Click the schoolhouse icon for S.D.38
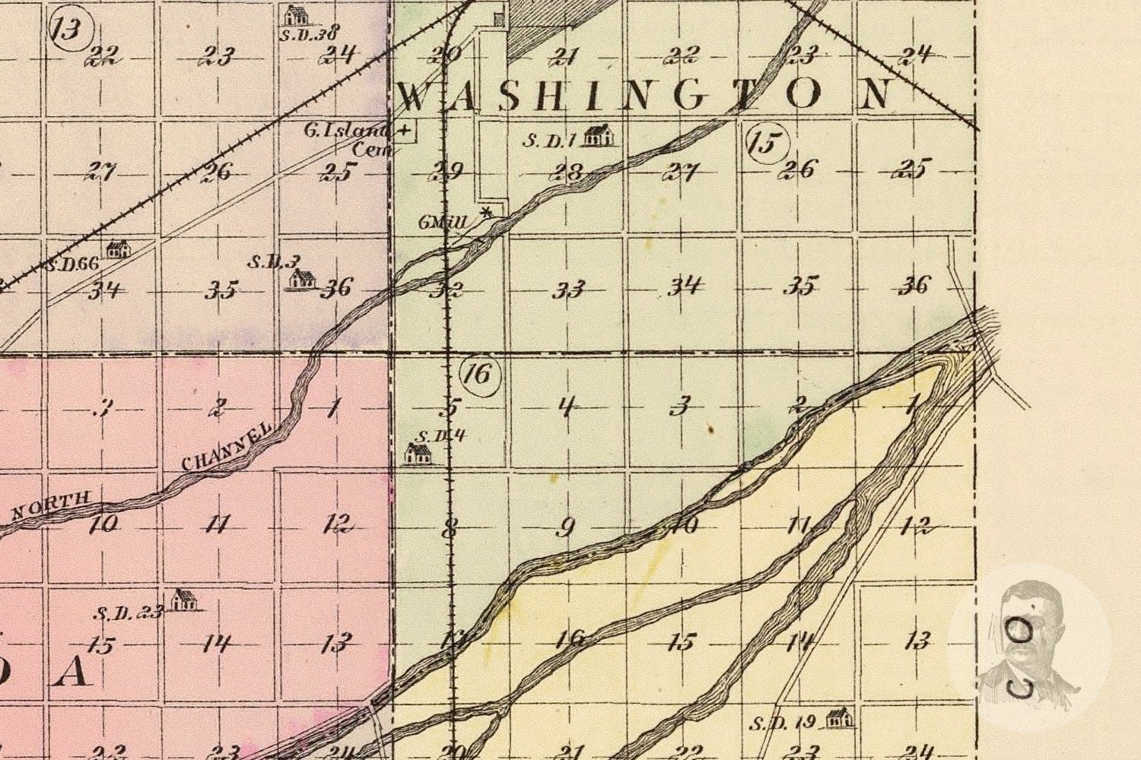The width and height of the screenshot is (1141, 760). point(294,14)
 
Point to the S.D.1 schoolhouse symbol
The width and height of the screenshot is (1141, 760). point(599,136)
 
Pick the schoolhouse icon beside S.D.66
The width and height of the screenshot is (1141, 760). point(117,249)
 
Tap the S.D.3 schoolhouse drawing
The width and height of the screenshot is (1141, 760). point(302,280)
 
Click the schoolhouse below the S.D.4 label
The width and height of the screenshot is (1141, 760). point(418,454)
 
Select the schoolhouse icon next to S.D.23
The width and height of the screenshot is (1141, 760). point(183,600)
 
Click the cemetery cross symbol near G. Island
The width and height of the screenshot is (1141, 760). point(405,131)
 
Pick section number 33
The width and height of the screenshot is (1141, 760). point(569,289)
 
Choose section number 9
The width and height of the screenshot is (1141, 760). point(565,527)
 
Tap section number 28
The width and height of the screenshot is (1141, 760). point(569,172)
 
